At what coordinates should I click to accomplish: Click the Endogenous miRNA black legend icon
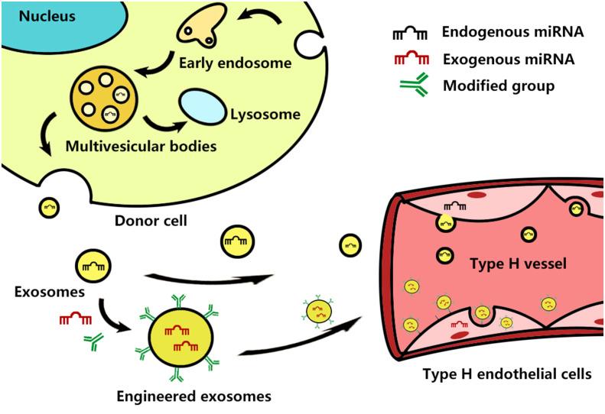(410, 34)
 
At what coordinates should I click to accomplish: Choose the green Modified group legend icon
(411, 86)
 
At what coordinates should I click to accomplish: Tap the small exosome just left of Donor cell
(50, 208)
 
